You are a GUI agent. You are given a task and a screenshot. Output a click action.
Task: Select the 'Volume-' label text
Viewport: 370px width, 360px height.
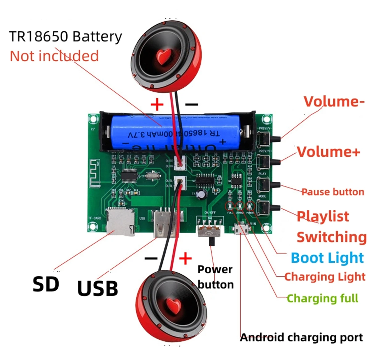(x=334, y=101)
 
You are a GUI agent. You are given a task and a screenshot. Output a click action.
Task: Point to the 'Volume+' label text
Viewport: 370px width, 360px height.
(x=328, y=152)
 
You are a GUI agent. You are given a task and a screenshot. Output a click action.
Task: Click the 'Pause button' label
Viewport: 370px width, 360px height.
(x=333, y=192)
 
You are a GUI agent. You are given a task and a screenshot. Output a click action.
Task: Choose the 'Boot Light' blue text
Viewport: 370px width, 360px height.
(x=327, y=258)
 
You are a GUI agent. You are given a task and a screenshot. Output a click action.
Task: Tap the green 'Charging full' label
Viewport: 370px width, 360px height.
(x=323, y=298)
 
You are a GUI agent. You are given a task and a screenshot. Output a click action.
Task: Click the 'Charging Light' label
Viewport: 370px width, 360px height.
(x=325, y=277)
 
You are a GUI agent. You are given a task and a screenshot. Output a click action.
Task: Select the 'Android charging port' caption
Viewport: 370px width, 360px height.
(x=301, y=337)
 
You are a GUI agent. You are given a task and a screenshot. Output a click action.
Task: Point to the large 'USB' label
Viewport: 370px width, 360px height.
(x=97, y=288)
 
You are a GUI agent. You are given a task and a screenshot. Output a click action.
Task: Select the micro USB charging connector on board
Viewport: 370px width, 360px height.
(x=241, y=229)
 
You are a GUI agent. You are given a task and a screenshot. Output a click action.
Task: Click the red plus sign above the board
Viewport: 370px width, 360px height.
(x=157, y=105)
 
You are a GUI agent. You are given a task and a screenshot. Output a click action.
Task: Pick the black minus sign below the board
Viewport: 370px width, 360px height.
(x=151, y=258)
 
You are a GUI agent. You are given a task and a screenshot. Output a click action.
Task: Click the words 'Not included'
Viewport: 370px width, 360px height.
(x=54, y=56)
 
